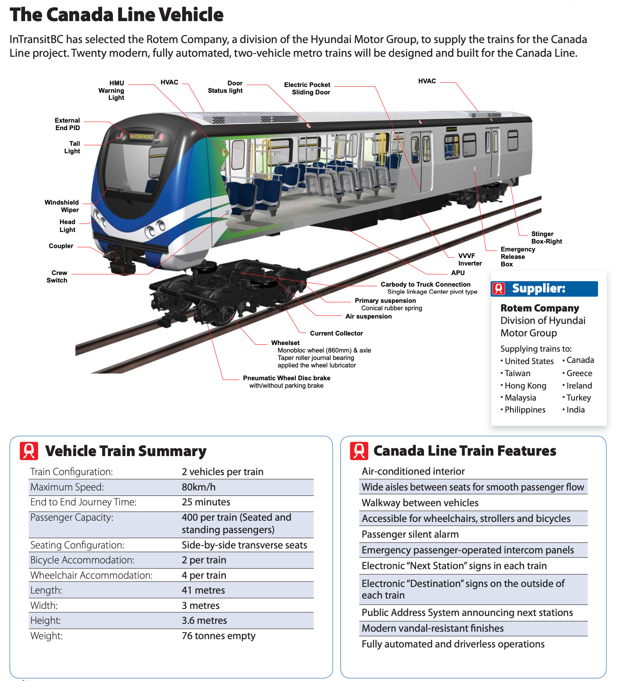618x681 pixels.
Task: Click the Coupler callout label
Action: [61, 246]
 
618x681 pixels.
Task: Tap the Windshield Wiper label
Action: [62, 206]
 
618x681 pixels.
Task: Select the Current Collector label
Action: [336, 333]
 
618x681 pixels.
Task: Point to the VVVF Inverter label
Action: [470, 260]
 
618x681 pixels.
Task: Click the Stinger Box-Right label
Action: [546, 238]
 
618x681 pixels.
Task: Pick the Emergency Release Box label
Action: [517, 257]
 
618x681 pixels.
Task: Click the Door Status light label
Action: [225, 87]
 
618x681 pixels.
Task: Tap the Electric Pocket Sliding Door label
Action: [307, 89]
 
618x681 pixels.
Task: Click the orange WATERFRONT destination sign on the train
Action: [141, 137]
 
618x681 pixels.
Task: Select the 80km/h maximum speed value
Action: [199, 487]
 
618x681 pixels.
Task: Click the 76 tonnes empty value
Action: [218, 636]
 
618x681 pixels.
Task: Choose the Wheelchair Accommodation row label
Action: [91, 575]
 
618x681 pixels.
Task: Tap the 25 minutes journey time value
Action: [206, 502]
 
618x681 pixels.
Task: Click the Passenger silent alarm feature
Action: [410, 534]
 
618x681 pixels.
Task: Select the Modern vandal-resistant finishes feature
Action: [433, 628]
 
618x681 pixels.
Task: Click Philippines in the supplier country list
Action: [525, 410]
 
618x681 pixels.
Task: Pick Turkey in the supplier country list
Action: [579, 398]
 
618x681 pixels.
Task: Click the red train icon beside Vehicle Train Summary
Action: [29, 451]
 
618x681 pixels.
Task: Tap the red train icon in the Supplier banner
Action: [499, 289]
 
